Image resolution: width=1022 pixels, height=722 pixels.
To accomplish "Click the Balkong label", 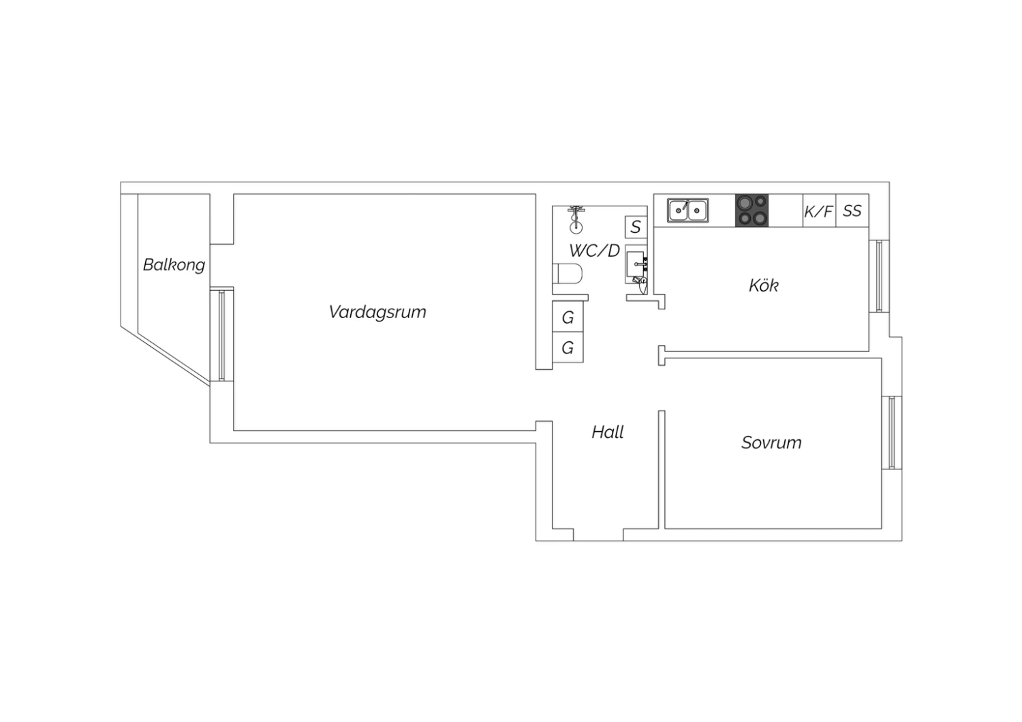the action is pyautogui.click(x=174, y=265).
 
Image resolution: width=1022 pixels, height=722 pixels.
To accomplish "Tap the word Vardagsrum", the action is pyautogui.click(x=377, y=312).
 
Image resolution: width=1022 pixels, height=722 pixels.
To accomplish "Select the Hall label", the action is pyautogui.click(x=607, y=432).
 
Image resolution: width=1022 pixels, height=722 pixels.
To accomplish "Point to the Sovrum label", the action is pyautogui.click(x=771, y=443).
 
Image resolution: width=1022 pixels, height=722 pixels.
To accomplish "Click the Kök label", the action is pyautogui.click(x=764, y=285).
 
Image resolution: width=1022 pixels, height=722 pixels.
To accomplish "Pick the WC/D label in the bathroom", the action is pyautogui.click(x=595, y=251).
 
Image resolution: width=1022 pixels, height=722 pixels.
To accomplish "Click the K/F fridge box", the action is pyautogui.click(x=819, y=210).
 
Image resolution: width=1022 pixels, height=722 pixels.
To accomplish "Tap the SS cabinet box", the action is pyautogui.click(x=852, y=210).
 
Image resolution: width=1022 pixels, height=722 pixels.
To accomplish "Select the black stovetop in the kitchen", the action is pyautogui.click(x=752, y=210).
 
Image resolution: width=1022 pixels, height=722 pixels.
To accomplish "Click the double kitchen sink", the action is pyautogui.click(x=687, y=210).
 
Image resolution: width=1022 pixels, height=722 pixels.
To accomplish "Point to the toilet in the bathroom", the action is pyautogui.click(x=567, y=274).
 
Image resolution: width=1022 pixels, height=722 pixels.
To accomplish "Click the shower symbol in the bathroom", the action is pyautogui.click(x=576, y=219).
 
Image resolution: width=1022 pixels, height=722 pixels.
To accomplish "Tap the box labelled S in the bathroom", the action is pyautogui.click(x=636, y=227).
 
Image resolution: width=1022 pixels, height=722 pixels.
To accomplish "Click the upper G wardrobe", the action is pyautogui.click(x=568, y=317).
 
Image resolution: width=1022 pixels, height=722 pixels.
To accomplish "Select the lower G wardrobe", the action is pyautogui.click(x=568, y=347).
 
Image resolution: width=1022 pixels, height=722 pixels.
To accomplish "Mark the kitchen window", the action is pyautogui.click(x=879, y=276).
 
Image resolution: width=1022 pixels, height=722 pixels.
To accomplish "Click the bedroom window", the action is pyautogui.click(x=891, y=433).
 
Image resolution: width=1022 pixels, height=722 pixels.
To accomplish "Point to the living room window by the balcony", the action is pyautogui.click(x=221, y=334).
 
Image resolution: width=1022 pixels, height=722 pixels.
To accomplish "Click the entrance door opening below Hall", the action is pyautogui.click(x=598, y=535).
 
